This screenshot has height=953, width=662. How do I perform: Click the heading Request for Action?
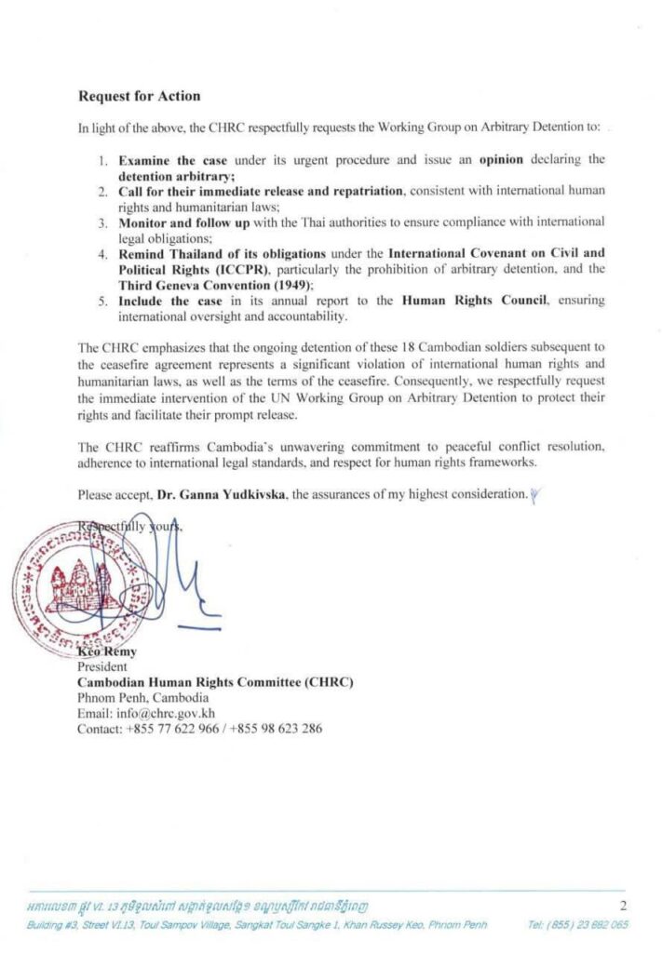(139, 96)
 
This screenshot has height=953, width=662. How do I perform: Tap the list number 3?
(103, 222)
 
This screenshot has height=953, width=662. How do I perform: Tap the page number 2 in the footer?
(621, 904)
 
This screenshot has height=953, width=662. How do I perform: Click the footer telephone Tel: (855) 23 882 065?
(577, 924)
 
